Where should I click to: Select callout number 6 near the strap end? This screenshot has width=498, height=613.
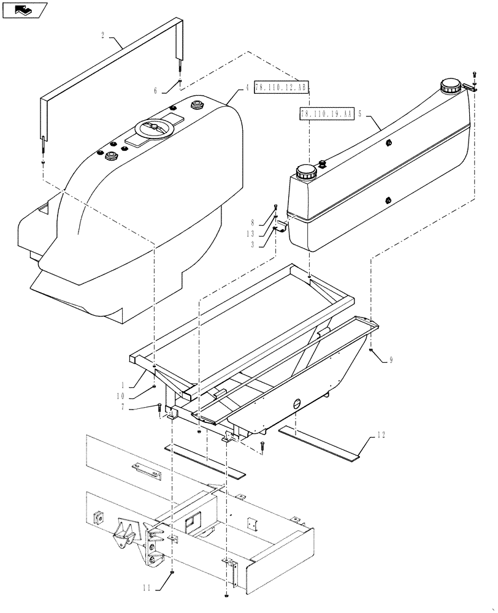[x=156, y=90]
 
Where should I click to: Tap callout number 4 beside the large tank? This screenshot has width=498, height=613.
[x=247, y=88]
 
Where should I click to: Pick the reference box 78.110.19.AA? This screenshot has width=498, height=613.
[x=327, y=113]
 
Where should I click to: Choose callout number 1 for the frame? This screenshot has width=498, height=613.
[x=123, y=386]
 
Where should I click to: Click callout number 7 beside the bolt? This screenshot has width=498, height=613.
[x=124, y=406]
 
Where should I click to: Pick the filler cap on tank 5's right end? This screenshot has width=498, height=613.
[x=451, y=86]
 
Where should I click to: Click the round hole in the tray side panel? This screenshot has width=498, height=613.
[x=297, y=403]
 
